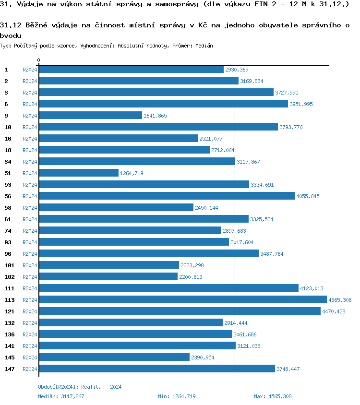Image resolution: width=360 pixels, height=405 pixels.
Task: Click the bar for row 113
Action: (182, 300)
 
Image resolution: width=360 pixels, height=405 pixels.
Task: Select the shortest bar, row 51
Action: (79, 173)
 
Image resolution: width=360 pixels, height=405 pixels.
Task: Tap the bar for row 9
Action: (90, 116)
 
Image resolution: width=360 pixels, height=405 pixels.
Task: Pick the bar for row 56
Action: (167, 196)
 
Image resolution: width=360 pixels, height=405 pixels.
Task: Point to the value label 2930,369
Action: (237, 70)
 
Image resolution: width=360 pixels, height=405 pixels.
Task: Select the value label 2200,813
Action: (191, 277)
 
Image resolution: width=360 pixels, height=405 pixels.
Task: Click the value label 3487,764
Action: (272, 254)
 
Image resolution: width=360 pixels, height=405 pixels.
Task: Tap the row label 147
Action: (10, 369)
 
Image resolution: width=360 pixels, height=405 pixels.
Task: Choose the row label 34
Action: (8, 162)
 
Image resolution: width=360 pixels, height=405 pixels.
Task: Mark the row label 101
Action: (10, 265)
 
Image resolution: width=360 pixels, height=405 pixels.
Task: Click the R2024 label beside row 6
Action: (30, 104)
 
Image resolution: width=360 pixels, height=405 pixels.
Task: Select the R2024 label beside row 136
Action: (30, 334)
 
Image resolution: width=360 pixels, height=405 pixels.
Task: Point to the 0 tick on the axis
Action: (38, 60)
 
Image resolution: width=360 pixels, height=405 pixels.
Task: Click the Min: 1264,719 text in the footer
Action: (177, 396)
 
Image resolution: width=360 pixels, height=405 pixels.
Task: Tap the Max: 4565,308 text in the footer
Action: (273, 396)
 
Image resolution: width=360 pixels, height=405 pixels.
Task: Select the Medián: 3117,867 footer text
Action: (61, 396)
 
